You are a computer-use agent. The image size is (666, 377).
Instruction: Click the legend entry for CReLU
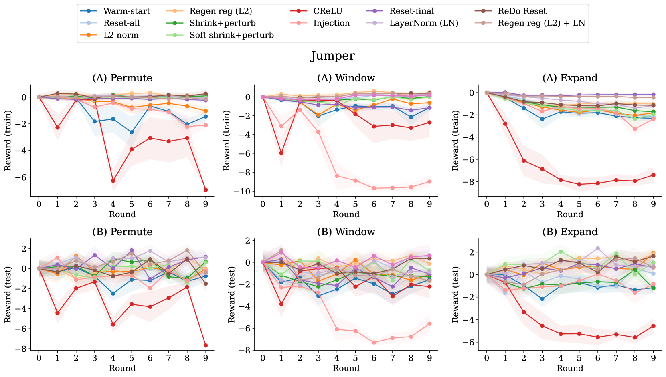coord(328,11)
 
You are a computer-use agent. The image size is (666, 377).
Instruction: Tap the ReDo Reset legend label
coord(522,11)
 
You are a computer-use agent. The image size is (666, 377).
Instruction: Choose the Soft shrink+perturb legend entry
coord(231,35)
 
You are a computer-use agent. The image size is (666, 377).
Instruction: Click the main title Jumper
coord(332,56)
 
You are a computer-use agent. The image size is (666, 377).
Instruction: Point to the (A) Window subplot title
coord(346,78)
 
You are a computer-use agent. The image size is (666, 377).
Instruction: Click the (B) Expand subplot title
coord(570,232)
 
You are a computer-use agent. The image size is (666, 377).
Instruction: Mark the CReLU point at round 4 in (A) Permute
coord(113,181)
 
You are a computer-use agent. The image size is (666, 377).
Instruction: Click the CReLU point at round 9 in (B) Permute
coord(206,345)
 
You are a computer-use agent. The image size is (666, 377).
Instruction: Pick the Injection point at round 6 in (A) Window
coord(374,188)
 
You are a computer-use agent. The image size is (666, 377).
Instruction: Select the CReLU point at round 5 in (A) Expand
coord(579,185)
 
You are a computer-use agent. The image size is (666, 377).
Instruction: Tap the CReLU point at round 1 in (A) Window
coord(281,153)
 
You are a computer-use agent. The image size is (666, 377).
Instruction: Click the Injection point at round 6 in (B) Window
coord(374,343)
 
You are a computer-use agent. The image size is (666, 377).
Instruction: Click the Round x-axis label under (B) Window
coord(346,368)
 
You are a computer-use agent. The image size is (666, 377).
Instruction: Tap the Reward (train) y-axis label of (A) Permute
coord(8,141)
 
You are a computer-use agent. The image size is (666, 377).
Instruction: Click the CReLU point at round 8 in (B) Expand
coord(635,337)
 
